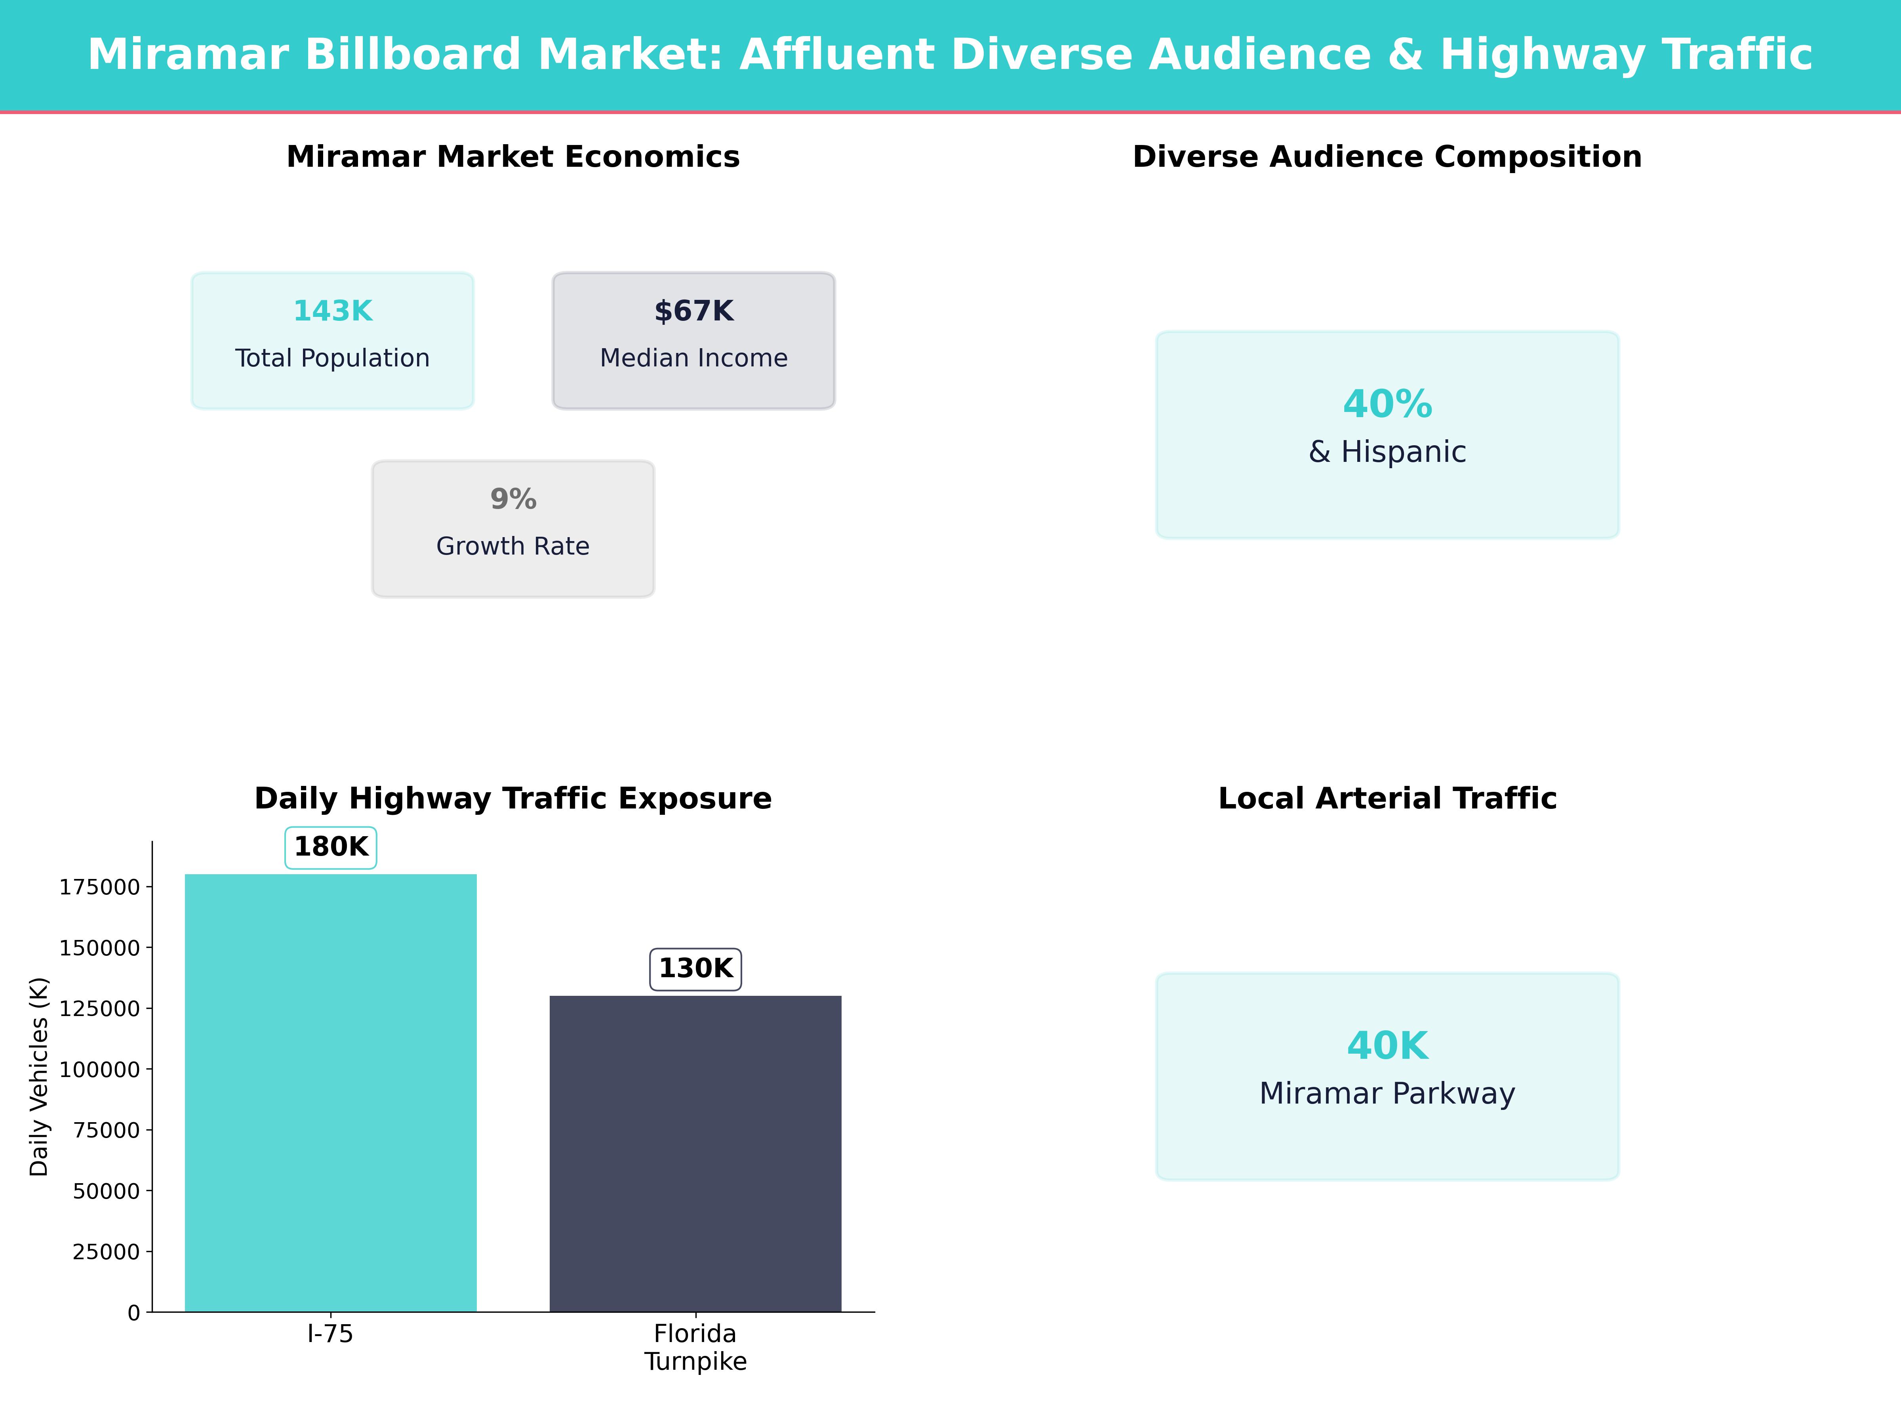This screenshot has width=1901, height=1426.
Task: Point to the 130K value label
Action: click(x=695, y=969)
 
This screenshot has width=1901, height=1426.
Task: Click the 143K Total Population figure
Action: click(x=333, y=311)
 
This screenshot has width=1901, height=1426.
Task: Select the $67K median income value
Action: click(x=693, y=311)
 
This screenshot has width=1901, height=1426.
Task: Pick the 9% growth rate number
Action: click(x=513, y=499)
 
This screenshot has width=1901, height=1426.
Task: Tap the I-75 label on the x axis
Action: click(x=330, y=1334)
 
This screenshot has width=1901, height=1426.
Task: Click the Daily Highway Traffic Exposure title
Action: click(x=513, y=799)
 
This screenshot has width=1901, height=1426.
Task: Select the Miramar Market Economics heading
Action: click(x=513, y=157)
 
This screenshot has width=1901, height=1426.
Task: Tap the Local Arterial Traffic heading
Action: click(x=1387, y=799)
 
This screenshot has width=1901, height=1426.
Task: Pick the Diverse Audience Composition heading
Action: click(x=1387, y=157)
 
